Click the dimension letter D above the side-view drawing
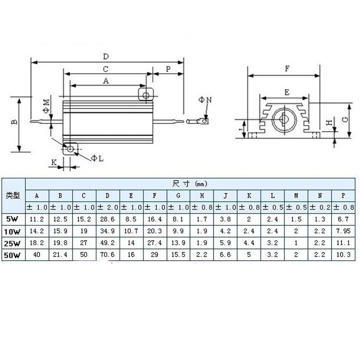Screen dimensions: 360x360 pyautogui.click(x=106, y=56)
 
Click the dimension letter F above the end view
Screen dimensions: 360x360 pyautogui.click(x=286, y=69)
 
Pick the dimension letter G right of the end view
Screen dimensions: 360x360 pyautogui.click(x=345, y=119)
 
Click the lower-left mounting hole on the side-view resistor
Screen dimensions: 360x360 pyautogui.click(x=70, y=148)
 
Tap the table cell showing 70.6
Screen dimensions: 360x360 pyautogui.click(x=107, y=255)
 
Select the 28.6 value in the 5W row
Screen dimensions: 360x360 pyautogui.click(x=107, y=218)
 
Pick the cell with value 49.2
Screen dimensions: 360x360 pyautogui.click(x=107, y=243)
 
